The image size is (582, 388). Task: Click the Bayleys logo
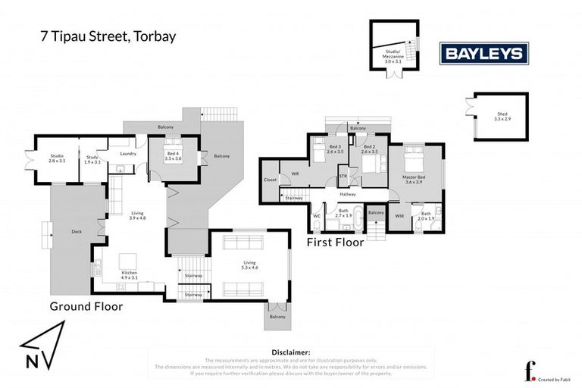[485, 52]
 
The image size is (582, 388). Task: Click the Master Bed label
[414, 179]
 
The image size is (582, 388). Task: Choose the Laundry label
[127, 152]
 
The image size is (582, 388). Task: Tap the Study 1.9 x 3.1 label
[92, 159]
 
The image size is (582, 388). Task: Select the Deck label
[76, 232]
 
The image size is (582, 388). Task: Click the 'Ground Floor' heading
[86, 306]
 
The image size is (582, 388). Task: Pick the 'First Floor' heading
[336, 242]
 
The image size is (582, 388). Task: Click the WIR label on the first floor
[399, 216]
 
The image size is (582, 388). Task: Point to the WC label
[317, 215]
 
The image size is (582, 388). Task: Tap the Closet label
[271, 180]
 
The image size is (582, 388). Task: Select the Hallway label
[348, 195]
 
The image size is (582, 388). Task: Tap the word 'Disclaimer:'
[290, 352]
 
